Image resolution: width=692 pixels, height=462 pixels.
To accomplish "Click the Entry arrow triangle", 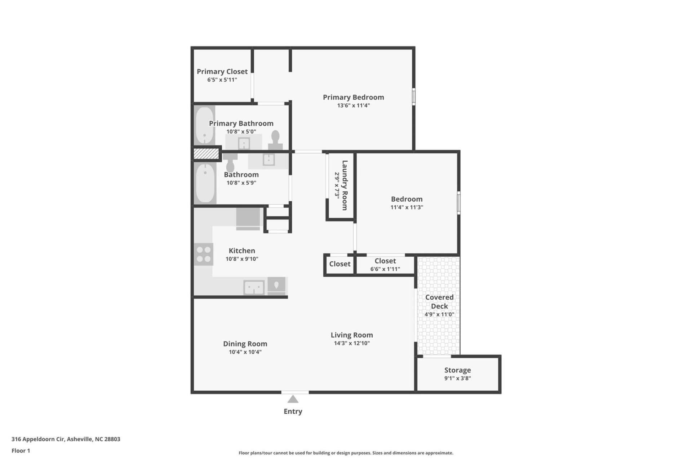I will [293, 399].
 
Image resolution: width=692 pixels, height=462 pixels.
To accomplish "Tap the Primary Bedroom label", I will [353, 97].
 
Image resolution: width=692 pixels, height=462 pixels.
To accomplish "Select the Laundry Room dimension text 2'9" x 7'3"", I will [337, 185].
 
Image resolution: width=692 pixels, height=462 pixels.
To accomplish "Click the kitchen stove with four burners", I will [204, 254].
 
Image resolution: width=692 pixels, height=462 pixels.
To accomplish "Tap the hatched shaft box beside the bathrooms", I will [206, 154].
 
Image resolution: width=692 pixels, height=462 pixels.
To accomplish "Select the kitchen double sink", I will [254, 288].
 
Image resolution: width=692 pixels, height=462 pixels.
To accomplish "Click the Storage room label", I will [457, 370].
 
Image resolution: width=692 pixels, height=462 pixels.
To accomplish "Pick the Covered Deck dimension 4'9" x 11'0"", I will [439, 314].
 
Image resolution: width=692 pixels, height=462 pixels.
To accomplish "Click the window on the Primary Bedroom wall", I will [413, 97].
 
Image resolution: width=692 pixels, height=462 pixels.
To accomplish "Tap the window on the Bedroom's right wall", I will [458, 203].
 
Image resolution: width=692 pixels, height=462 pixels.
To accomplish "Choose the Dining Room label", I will [245, 344].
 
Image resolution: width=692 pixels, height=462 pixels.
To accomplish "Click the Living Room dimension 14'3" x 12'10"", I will [352, 343].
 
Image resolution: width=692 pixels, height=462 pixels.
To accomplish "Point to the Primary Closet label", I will [222, 71].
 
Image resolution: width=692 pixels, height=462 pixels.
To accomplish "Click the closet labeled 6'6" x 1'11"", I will [385, 265].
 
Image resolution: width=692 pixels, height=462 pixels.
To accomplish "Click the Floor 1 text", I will [21, 450].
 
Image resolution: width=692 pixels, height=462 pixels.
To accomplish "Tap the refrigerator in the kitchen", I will [248, 218].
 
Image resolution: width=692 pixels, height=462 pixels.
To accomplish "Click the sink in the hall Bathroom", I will [269, 160].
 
